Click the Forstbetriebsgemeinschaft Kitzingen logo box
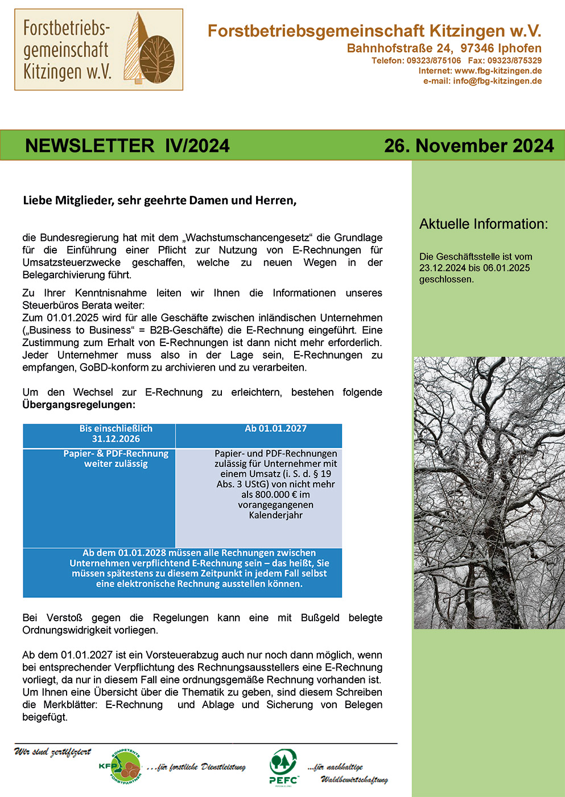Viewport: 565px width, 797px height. (x=98, y=50)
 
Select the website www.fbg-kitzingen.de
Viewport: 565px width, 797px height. (x=498, y=71)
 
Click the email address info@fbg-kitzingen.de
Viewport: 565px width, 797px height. (x=497, y=81)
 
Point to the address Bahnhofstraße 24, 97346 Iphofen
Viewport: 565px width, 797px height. (x=444, y=48)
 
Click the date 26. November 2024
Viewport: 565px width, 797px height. (x=468, y=146)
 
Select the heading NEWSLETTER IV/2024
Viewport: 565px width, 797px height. (x=127, y=146)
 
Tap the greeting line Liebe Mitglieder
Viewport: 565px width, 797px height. (x=159, y=200)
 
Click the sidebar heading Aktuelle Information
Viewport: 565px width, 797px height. (x=483, y=224)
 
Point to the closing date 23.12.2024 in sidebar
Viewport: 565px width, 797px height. (x=442, y=268)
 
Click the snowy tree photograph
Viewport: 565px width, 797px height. (x=489, y=492)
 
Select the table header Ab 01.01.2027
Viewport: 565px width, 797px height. (x=275, y=429)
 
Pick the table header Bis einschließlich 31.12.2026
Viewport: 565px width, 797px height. (x=116, y=434)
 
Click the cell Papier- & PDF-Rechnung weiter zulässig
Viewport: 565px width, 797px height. (x=116, y=459)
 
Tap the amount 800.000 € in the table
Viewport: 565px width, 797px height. (x=268, y=495)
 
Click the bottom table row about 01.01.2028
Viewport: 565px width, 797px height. (x=182, y=568)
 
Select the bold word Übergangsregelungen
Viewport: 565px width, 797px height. (x=79, y=405)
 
